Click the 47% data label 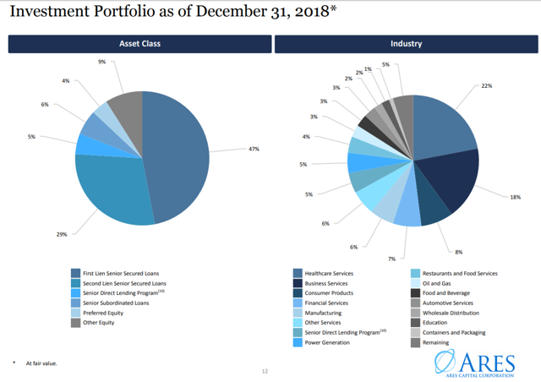[254, 149]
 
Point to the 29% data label [62, 234]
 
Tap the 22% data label [486, 86]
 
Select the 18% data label [516, 197]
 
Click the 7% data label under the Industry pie [391, 258]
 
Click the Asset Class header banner [139, 43]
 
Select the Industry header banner [407, 43]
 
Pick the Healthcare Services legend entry [328, 273]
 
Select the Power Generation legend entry [326, 342]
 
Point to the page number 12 [265, 370]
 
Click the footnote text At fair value [40, 363]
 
